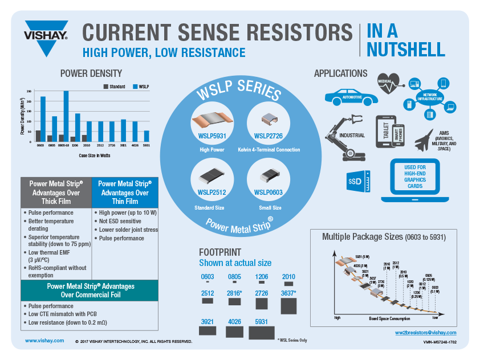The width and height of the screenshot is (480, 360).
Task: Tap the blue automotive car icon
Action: coord(351,96)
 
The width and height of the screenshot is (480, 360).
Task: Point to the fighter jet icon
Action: coord(425,139)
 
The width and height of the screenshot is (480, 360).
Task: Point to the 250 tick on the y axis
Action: coord(29,91)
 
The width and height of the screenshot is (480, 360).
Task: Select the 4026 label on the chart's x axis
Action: coord(135,146)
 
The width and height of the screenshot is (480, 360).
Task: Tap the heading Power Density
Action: coord(91,73)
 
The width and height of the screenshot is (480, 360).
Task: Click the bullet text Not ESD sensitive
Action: coord(121,221)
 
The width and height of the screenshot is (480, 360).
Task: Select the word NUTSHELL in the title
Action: coord(405,50)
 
